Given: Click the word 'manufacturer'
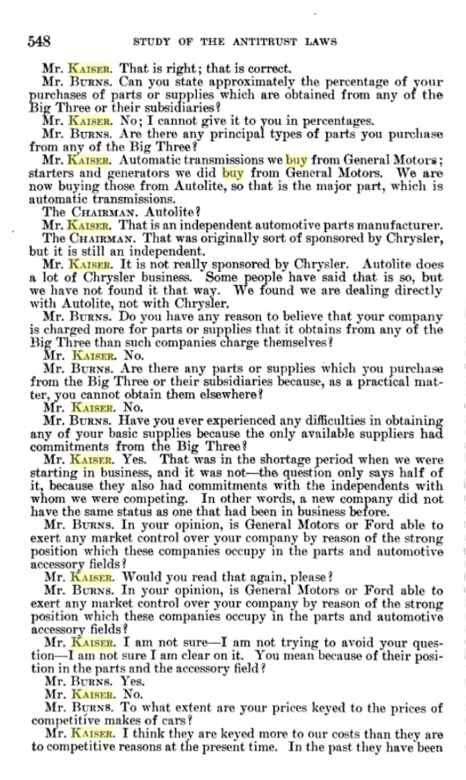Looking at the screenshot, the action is pos(390,225).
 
